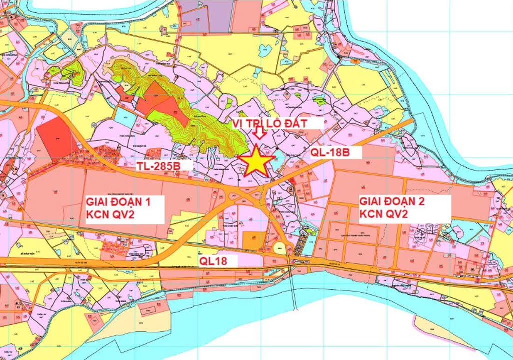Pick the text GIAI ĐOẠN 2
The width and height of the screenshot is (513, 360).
(391, 202)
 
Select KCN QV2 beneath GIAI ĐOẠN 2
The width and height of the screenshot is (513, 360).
(385, 215)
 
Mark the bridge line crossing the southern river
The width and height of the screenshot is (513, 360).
(294, 290)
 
